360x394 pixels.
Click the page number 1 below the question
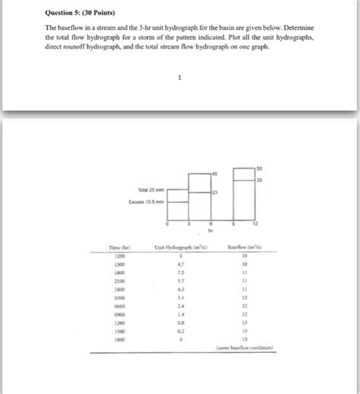click(x=179, y=77)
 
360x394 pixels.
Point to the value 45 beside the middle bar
click(x=214, y=175)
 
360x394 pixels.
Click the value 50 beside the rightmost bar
click(x=258, y=167)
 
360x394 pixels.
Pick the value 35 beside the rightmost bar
click(x=258, y=181)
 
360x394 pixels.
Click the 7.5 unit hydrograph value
click(x=180, y=273)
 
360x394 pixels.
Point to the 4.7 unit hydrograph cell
click(x=180, y=264)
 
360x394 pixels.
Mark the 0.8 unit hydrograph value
click(x=180, y=323)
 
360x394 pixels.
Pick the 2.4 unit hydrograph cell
click(x=180, y=307)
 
